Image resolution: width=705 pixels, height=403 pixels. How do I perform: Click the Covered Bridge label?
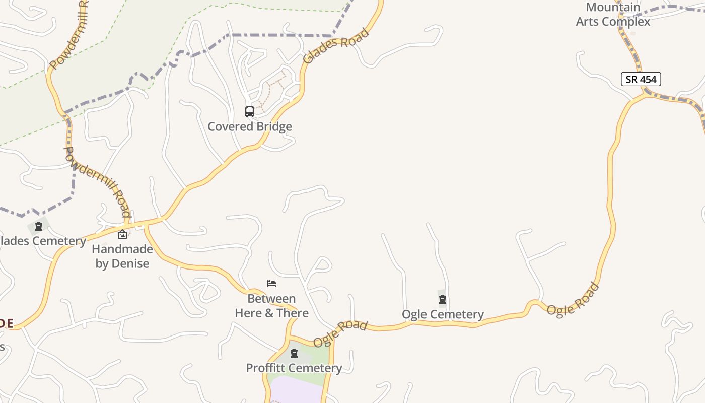(250, 126)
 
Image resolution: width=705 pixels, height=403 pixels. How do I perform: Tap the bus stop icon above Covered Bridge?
(250, 112)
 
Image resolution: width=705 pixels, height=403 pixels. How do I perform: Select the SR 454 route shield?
(641, 79)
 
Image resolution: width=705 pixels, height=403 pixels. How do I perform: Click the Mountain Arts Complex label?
(613, 15)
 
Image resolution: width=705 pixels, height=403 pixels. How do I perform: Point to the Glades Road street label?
(335, 46)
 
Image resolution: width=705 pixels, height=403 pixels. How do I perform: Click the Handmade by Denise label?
(122, 256)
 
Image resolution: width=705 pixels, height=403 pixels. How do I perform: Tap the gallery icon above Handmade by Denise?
(122, 234)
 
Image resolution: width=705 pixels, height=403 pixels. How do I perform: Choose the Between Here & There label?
(271, 306)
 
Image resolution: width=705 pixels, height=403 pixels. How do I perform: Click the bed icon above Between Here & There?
(271, 284)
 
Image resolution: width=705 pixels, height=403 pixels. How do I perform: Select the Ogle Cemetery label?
(443, 315)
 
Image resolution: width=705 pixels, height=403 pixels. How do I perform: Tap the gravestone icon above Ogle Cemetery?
(443, 300)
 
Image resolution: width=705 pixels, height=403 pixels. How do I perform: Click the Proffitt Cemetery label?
(294, 368)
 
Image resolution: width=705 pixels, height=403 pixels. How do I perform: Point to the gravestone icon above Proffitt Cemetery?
(294, 353)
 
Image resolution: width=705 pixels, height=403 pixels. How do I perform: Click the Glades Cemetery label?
(43, 241)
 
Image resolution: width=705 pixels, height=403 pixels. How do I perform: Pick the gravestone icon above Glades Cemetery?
(38, 227)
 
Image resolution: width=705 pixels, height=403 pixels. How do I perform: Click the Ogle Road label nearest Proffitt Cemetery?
(340, 334)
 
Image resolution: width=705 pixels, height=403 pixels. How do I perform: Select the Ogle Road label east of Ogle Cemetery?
(574, 300)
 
